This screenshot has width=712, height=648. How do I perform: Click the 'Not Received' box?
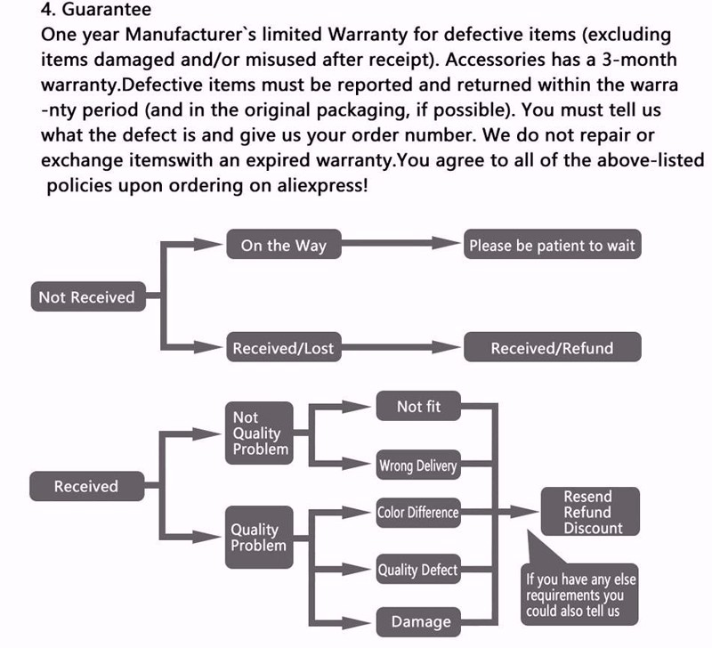(88, 296)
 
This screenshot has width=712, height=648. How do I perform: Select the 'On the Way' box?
(284, 244)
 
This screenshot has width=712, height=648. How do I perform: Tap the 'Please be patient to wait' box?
(552, 244)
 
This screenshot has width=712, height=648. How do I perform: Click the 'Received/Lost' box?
(284, 347)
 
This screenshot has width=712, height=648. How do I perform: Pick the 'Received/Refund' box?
(552, 347)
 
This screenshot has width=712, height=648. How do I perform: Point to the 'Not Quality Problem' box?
(259, 433)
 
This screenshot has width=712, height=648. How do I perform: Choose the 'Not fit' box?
(418, 406)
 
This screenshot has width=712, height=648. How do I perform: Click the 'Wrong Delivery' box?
(418, 465)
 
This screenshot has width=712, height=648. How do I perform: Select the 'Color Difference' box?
(418, 513)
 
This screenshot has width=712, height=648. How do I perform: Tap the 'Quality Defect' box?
(418, 569)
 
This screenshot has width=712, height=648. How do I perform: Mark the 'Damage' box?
(418, 621)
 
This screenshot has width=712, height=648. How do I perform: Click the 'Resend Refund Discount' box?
(590, 512)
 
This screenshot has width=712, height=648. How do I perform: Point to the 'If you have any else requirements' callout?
(579, 595)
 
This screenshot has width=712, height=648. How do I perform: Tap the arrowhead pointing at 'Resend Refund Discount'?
(525, 512)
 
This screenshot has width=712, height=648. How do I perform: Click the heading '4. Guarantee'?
(96, 9)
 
